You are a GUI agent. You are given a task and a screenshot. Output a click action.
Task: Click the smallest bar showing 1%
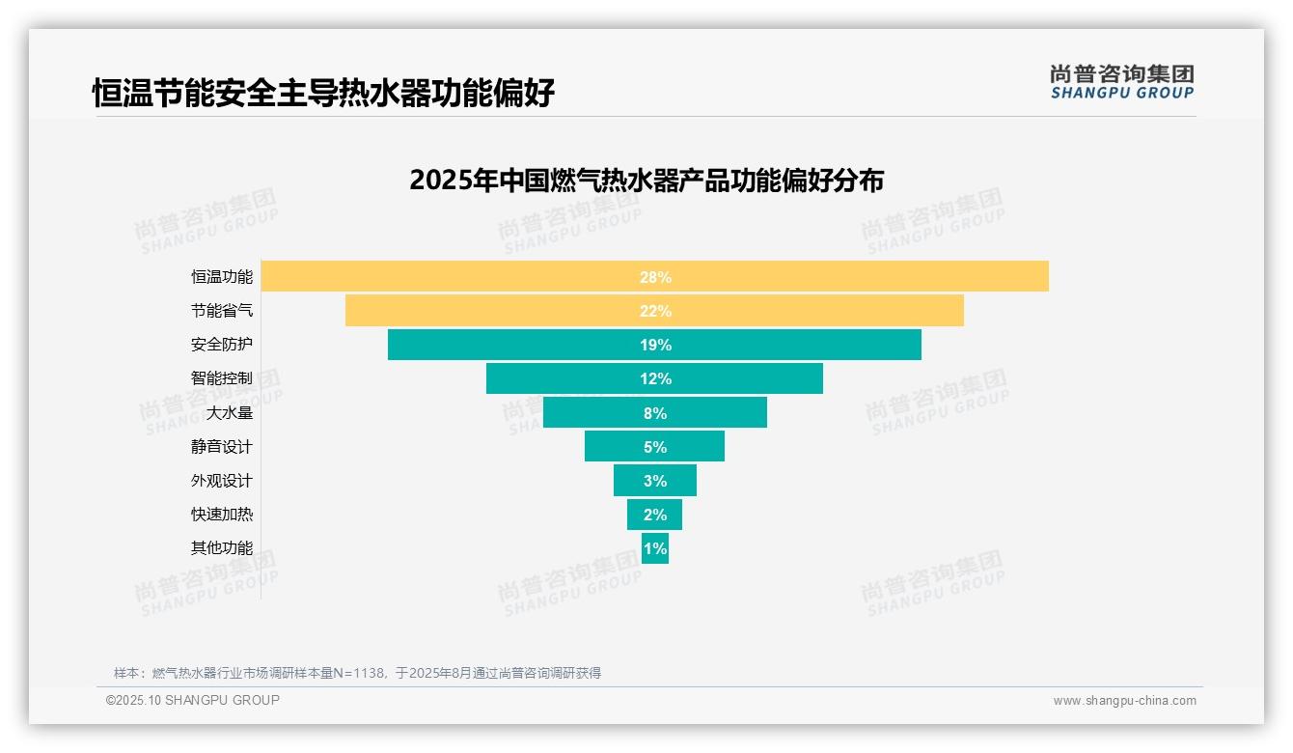click(x=655, y=548)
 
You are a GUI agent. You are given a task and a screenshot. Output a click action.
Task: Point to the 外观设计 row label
click(x=222, y=481)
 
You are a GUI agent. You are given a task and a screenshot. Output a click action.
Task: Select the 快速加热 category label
click(x=222, y=515)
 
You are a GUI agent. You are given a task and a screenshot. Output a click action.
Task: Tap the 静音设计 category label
click(x=222, y=447)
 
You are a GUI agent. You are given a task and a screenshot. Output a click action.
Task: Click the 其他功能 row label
click(x=222, y=548)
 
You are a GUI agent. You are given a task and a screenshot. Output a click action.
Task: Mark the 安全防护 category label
click(x=222, y=345)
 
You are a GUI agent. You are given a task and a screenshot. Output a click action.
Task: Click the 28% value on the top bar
click(x=655, y=277)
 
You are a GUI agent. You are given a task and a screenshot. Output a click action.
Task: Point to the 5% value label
click(x=655, y=447)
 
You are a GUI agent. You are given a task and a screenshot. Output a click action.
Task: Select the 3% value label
click(x=655, y=481)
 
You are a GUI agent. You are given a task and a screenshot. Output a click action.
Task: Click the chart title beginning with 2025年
click(x=646, y=181)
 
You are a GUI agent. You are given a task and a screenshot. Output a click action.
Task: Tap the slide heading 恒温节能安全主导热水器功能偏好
click(x=323, y=94)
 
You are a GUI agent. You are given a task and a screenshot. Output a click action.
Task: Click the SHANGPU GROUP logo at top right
click(x=1121, y=82)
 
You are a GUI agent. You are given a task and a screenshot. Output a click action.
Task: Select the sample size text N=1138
click(x=366, y=673)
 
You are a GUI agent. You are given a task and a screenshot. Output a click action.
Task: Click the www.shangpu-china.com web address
click(x=1124, y=701)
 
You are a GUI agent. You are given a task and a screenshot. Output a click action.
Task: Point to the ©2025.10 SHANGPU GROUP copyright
click(x=193, y=700)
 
